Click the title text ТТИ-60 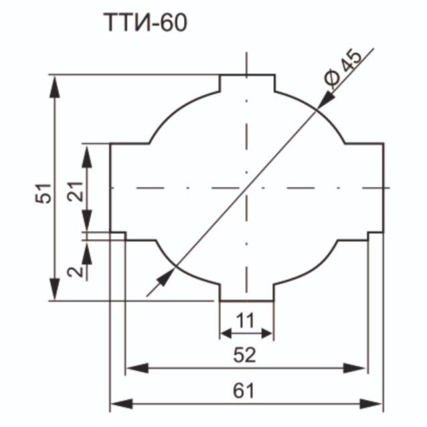(x=145, y=23)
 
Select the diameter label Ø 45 (x=343, y=69)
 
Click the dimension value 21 (x=75, y=192)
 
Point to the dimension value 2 (x=75, y=270)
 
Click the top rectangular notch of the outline (x=247, y=83)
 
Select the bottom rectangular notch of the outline (x=247, y=292)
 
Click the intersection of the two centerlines (x=247, y=188)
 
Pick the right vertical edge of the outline (x=383, y=188)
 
